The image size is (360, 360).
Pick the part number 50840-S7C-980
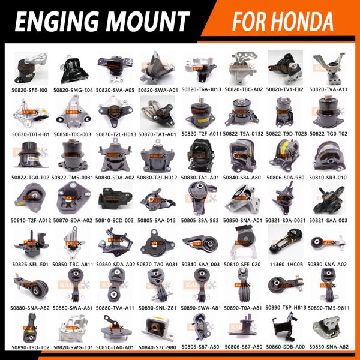tap(158, 347)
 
